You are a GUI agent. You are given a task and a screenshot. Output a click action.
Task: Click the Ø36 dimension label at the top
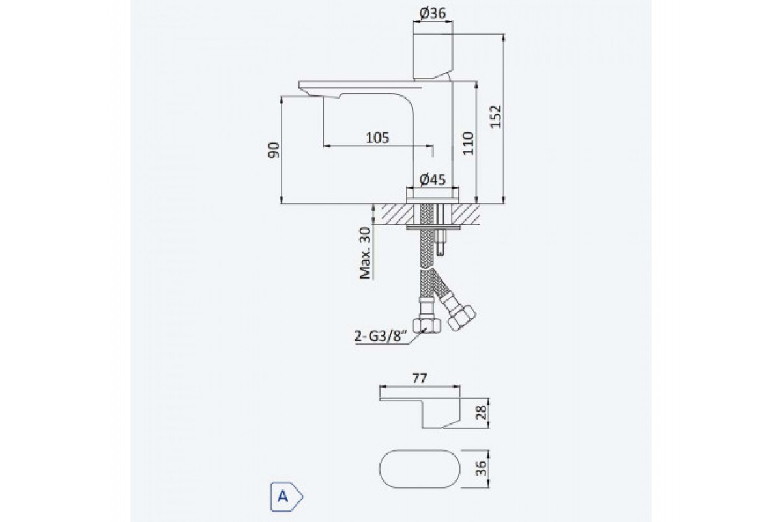433,13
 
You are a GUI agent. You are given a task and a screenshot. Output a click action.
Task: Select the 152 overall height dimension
495,116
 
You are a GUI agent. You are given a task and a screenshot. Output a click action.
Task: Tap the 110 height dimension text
468,144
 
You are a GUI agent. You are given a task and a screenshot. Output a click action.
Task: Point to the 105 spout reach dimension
377,138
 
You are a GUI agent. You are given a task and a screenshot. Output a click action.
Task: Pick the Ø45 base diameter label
433,179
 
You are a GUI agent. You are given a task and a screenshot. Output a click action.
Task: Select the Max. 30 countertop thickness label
365,253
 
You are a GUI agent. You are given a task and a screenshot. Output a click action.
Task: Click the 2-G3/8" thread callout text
381,336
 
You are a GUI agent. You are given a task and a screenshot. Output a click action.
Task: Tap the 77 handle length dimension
420,378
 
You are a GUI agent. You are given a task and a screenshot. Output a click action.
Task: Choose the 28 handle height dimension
481,412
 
